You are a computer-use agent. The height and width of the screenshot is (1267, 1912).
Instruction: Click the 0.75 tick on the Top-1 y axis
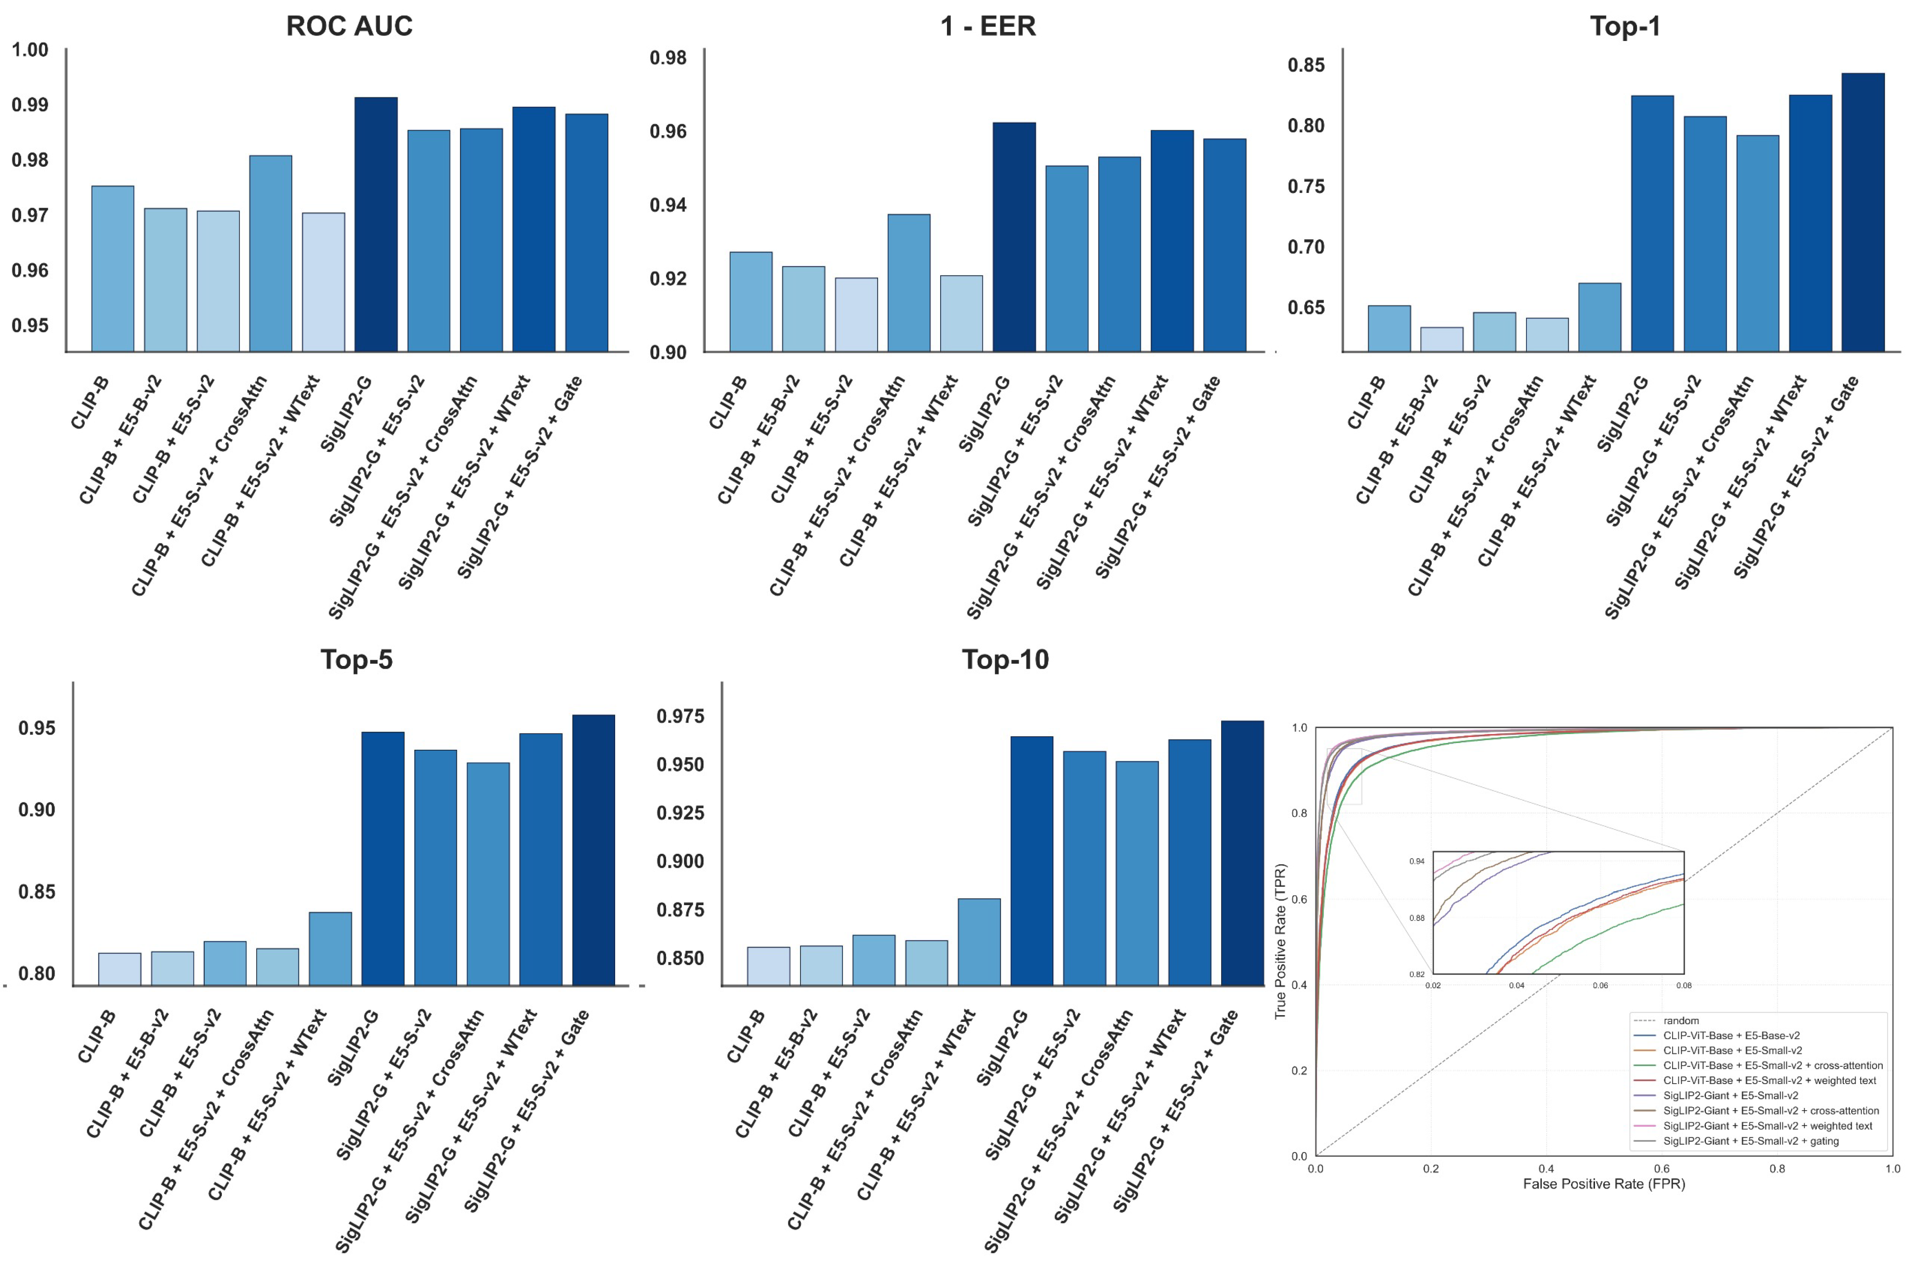click(x=1305, y=187)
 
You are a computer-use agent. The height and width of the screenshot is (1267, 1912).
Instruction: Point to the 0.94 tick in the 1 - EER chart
click(x=668, y=205)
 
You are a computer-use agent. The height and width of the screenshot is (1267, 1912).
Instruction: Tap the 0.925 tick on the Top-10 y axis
click(x=680, y=813)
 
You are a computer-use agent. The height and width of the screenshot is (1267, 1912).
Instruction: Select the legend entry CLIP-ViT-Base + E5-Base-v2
click(x=1731, y=1035)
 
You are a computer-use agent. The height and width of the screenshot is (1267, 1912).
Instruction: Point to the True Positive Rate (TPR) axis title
click(x=1280, y=941)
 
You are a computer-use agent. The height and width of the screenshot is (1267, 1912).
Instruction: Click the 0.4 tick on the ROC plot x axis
click(x=1546, y=1168)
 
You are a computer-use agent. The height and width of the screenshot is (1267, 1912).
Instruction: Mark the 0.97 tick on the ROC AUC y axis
click(x=30, y=216)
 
